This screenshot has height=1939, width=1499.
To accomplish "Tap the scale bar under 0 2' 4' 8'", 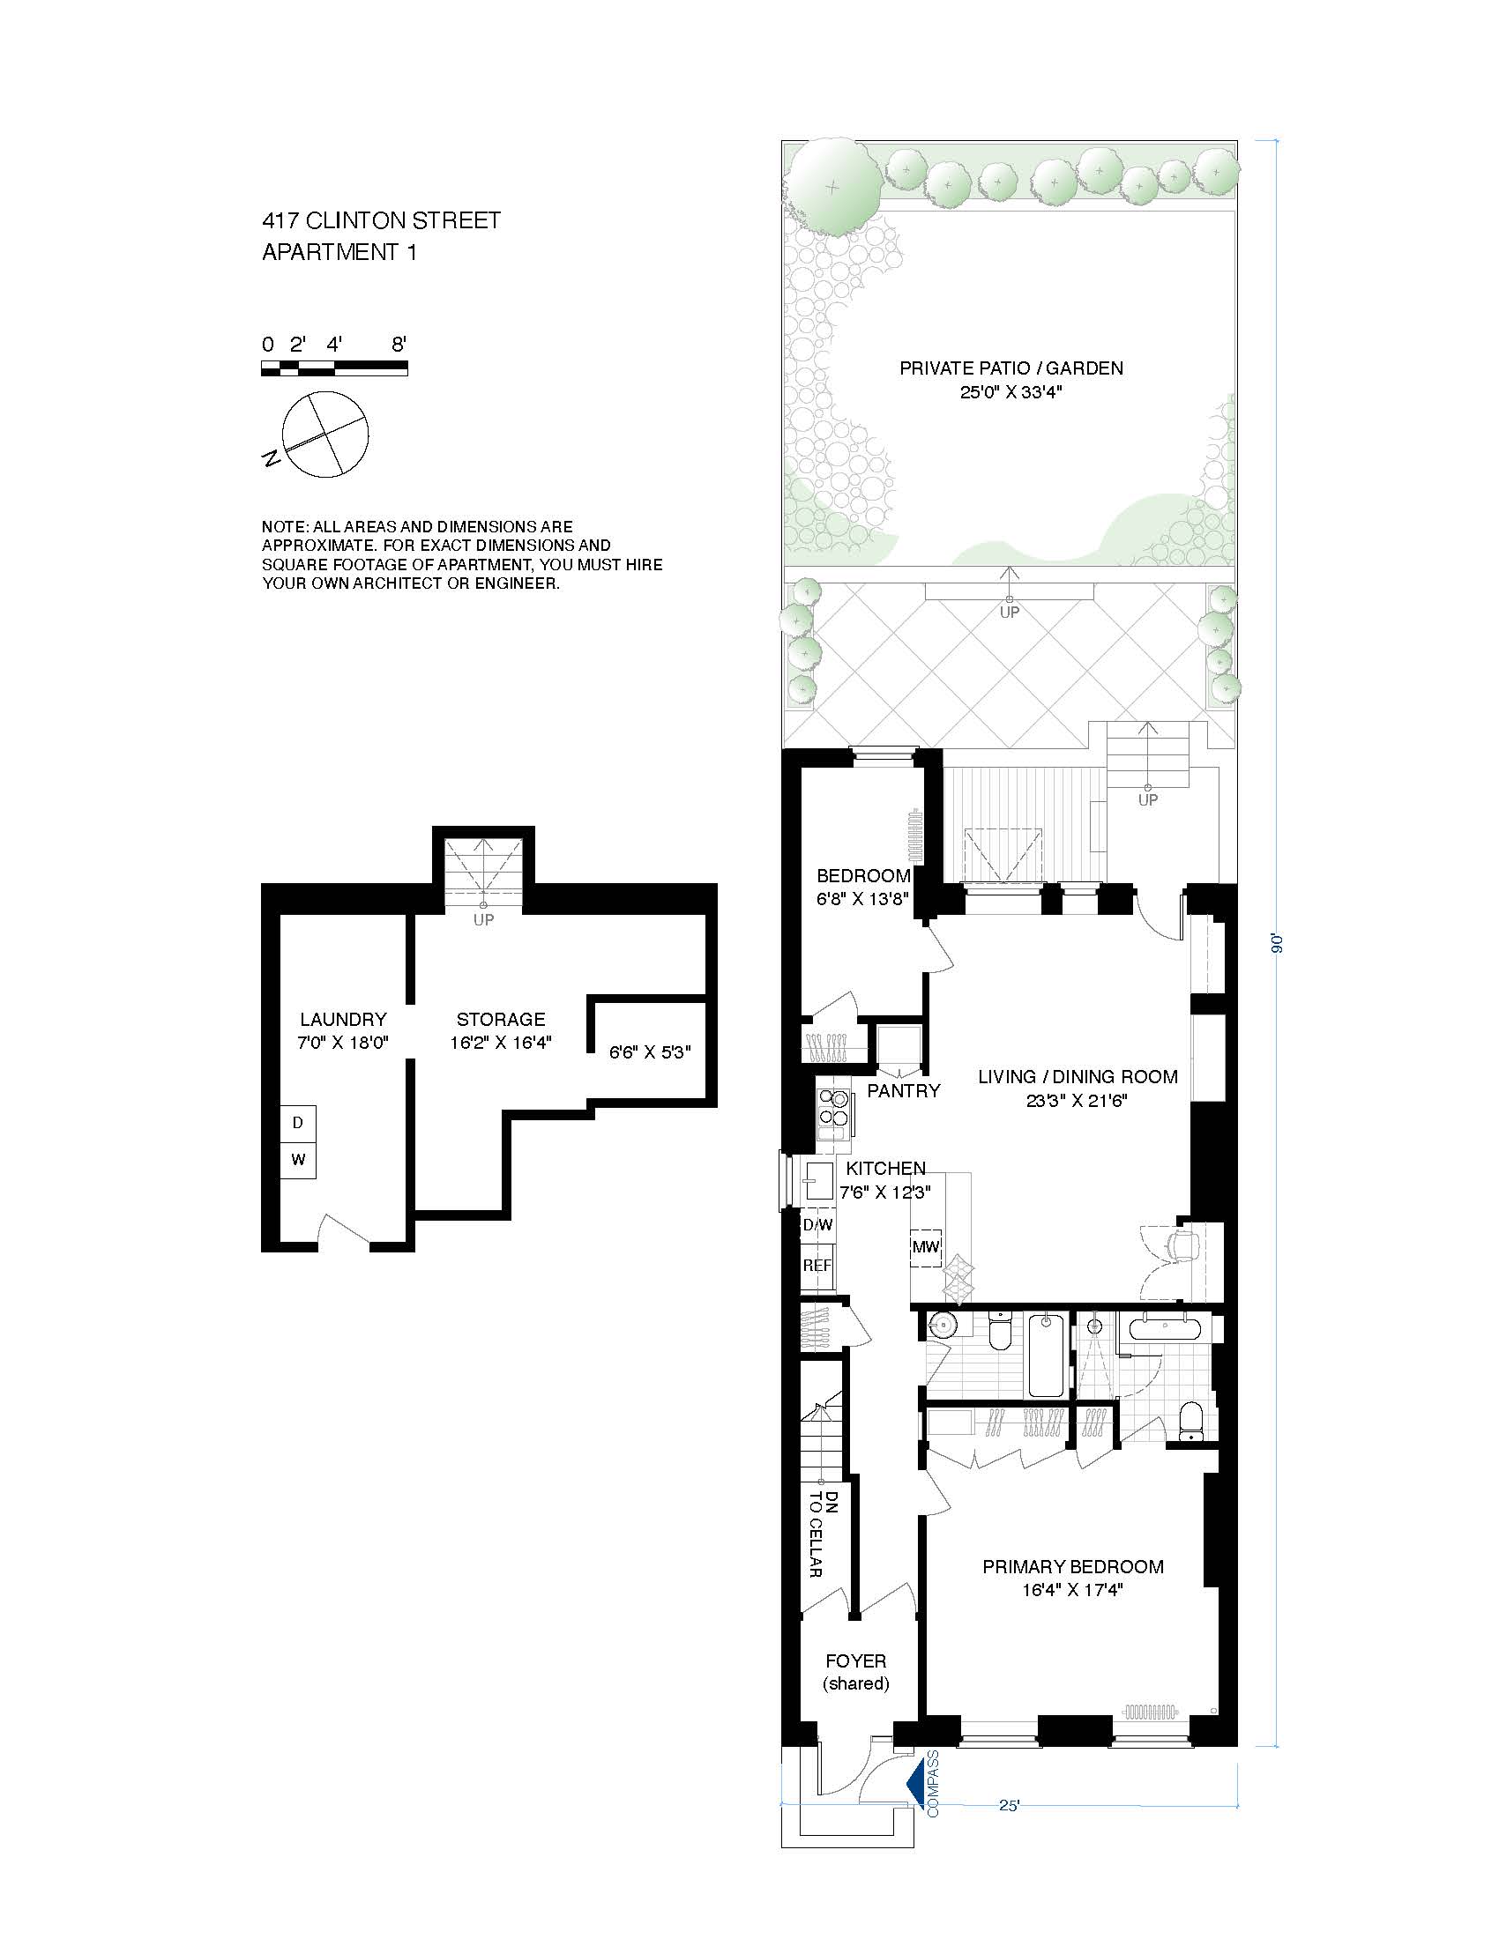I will (334, 368).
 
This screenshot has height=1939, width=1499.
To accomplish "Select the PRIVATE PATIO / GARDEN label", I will (1011, 368).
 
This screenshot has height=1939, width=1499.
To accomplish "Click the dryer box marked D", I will (298, 1123).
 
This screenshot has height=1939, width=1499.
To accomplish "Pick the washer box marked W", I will (298, 1160).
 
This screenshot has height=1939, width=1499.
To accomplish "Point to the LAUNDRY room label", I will (343, 1019).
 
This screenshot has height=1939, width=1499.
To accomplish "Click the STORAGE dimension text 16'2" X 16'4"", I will (501, 1043).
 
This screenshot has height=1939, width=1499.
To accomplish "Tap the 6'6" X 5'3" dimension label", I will (650, 1052).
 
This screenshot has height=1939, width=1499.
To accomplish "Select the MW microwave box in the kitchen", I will (925, 1246).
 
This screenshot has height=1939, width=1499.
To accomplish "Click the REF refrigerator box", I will (817, 1265).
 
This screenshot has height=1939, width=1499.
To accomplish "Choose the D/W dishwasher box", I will (817, 1225).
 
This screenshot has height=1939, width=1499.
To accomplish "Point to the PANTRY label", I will (903, 1091).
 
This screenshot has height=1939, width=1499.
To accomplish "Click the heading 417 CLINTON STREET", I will (381, 220).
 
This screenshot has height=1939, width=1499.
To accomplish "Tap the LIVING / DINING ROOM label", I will (1078, 1077).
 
